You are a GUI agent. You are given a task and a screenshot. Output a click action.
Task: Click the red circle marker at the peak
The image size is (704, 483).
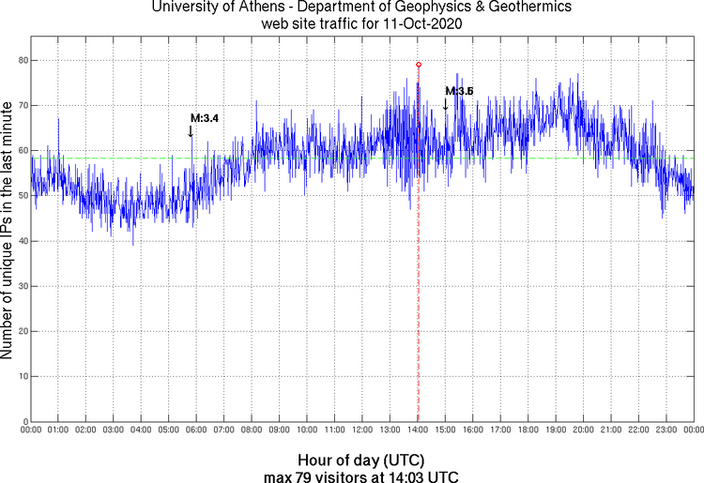[x=419, y=65]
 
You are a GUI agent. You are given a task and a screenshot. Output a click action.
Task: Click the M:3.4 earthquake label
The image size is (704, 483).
[x=205, y=118]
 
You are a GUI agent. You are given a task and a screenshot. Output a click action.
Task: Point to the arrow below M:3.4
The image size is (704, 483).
[x=191, y=131]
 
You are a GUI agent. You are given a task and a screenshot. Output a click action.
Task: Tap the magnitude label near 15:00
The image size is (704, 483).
[x=460, y=91]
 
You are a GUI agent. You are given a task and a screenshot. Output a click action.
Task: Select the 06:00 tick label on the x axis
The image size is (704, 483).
[x=195, y=430]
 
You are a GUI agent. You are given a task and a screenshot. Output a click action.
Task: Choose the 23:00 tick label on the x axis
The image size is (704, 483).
[x=666, y=430]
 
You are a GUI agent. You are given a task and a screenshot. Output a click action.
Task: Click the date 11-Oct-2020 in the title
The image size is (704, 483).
[x=424, y=22]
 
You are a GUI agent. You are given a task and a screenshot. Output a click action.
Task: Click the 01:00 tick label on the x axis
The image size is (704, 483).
[x=57, y=430]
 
